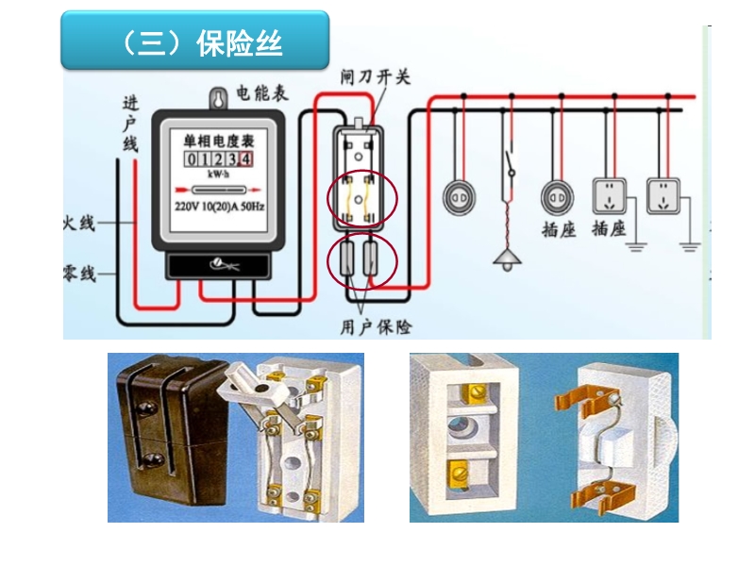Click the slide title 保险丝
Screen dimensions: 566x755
coord(241,43)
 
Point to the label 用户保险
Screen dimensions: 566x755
coord(377,326)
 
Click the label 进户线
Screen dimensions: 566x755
coord(129,123)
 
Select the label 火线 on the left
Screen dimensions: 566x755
coord(78,224)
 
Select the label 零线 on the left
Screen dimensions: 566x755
coord(78,275)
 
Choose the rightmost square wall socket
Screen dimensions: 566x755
coord(663,196)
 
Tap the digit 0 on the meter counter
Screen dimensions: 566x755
coord(192,158)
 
